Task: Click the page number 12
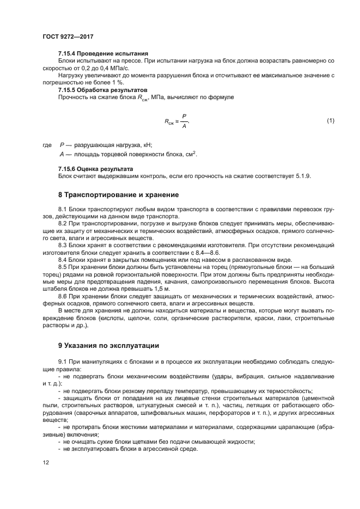click(x=45, y=462)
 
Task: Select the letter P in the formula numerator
click(x=184, y=116)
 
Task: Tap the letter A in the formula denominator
click(x=184, y=126)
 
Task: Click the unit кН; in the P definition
click(x=147, y=145)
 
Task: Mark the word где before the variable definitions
click(x=47, y=145)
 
